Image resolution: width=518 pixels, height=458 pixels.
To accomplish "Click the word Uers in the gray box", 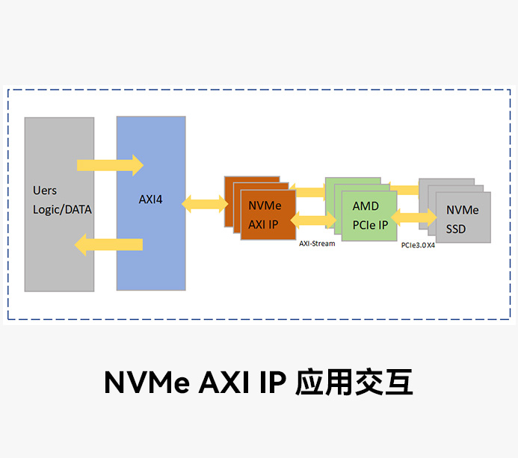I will pos(45,191).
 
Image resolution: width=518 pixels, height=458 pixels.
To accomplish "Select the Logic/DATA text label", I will pos(62,210).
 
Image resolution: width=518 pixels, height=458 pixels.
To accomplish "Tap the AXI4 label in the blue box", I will pos(150,199).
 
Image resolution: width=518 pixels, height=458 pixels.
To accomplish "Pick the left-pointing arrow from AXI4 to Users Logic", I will pos(108,244).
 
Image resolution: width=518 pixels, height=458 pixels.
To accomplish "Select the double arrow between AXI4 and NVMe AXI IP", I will pos(205,202).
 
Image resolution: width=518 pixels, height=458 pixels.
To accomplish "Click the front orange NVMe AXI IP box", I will pos(268,214).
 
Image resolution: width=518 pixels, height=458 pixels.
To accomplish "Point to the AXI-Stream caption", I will pos(317,244).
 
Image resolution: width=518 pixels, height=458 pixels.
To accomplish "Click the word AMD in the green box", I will pos(366,206).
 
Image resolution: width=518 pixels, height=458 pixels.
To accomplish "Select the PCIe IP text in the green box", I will pos(370,224).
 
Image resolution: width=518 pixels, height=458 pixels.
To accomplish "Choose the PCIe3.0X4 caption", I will pos(418,245).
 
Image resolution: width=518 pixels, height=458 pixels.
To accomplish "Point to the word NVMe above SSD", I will pos(462,211).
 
